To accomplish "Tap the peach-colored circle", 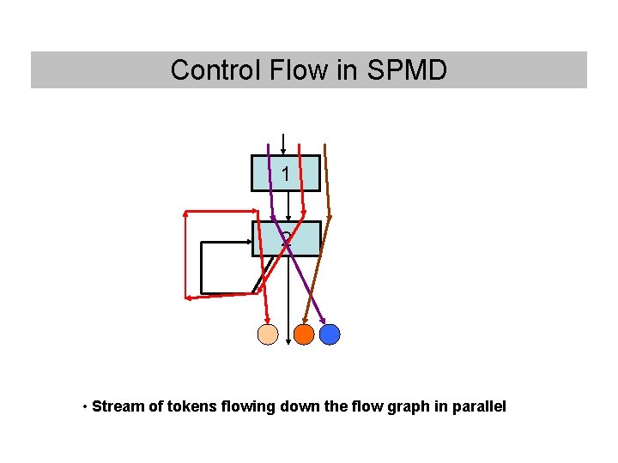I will (269, 334).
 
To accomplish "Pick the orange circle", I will (304, 334).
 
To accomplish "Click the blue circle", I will (330, 334).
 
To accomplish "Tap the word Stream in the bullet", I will (118, 406).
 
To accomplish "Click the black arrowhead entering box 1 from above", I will (283, 152).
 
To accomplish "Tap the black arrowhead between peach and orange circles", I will (288, 342).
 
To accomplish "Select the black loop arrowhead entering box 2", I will (250, 242).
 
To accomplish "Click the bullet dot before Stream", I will (85, 406).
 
